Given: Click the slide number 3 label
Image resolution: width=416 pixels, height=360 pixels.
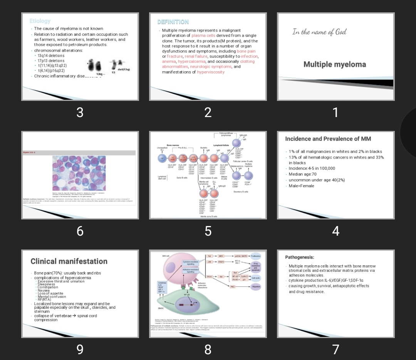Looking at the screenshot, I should [80, 112].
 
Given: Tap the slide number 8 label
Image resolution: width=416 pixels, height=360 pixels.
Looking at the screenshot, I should [208, 349].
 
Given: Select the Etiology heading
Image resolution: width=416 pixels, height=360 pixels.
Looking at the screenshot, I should [40, 21].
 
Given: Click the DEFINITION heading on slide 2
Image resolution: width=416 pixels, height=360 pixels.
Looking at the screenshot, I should [173, 22].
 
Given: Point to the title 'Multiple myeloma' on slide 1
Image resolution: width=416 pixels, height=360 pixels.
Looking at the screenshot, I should [334, 64].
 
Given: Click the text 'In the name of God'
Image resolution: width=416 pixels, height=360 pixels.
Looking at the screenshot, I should [319, 32].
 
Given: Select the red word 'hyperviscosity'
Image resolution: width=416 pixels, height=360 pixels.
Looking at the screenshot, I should [211, 72].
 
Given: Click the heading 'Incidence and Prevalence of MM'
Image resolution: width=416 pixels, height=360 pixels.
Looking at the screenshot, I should [328, 139].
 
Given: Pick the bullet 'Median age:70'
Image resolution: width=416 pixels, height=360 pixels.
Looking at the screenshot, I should [302, 174].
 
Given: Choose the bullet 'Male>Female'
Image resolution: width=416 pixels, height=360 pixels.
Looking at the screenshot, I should [301, 186].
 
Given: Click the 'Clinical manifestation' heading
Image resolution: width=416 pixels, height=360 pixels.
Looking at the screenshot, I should [69, 261].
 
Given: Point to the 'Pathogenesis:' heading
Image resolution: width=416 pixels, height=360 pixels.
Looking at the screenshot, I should [299, 257].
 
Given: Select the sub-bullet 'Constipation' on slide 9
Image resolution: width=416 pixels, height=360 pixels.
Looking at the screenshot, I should [48, 287].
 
